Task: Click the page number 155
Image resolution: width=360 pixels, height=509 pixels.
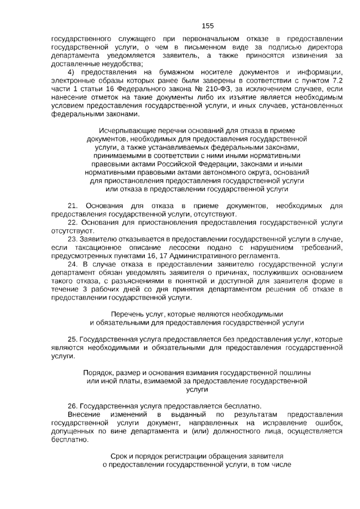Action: [208, 26]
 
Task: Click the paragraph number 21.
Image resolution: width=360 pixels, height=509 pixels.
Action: [73, 206]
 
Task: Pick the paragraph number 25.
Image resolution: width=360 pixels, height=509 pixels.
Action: [73, 339]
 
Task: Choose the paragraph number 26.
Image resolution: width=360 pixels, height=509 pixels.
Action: [73, 406]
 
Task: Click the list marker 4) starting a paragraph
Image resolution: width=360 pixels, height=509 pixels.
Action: [71, 72]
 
